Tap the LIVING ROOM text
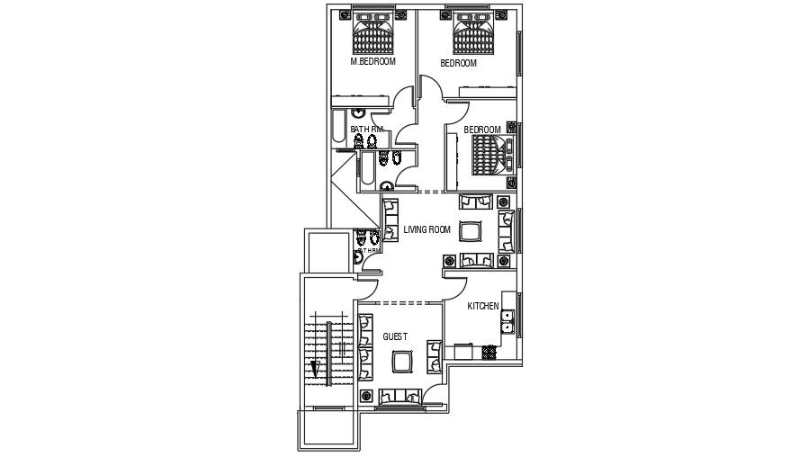[x=426, y=229]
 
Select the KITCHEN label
[x=483, y=307]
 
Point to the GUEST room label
[x=395, y=336]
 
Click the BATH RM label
[x=367, y=130]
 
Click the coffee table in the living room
[x=470, y=231]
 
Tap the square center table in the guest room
[x=402, y=362]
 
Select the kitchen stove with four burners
[x=490, y=350]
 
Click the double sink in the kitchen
[x=507, y=320]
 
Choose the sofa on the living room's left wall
[x=391, y=221]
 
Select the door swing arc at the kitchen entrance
[x=455, y=290]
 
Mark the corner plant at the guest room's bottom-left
[x=366, y=396]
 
